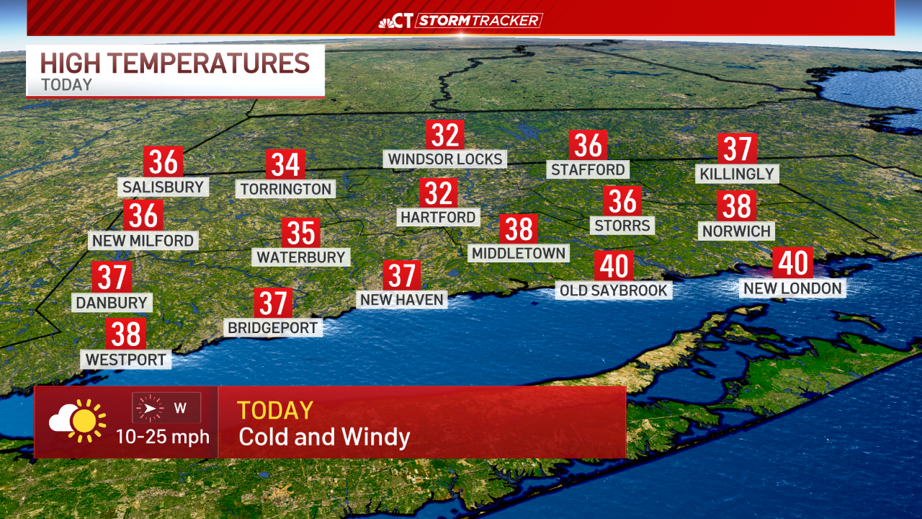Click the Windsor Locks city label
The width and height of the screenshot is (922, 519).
coord(445,159)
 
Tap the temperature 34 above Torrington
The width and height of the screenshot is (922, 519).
coord(285,165)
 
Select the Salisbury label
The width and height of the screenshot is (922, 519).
coord(164,187)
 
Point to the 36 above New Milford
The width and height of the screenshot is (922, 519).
coord(143,216)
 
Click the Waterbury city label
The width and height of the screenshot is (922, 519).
coord(301,257)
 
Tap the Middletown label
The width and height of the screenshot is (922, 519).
coord(519,253)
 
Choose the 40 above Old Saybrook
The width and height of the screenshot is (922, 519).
coord(614,266)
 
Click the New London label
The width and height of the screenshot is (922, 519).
coord(792,288)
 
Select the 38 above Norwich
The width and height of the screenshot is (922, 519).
coord(736,206)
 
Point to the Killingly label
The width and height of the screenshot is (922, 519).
coord(737,174)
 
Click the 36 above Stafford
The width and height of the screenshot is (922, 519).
coord(588,146)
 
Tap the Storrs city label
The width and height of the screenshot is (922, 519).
coord(622,226)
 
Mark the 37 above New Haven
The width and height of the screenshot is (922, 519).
coord(401,275)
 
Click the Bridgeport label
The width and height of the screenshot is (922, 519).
coord(272,328)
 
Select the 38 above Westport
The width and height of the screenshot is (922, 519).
coord(126,334)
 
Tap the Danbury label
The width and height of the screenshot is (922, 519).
coord(112,303)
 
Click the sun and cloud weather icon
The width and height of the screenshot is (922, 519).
coord(78,420)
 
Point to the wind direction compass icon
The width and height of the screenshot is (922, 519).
coord(151,409)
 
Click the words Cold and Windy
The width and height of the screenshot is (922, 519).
coord(324,437)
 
